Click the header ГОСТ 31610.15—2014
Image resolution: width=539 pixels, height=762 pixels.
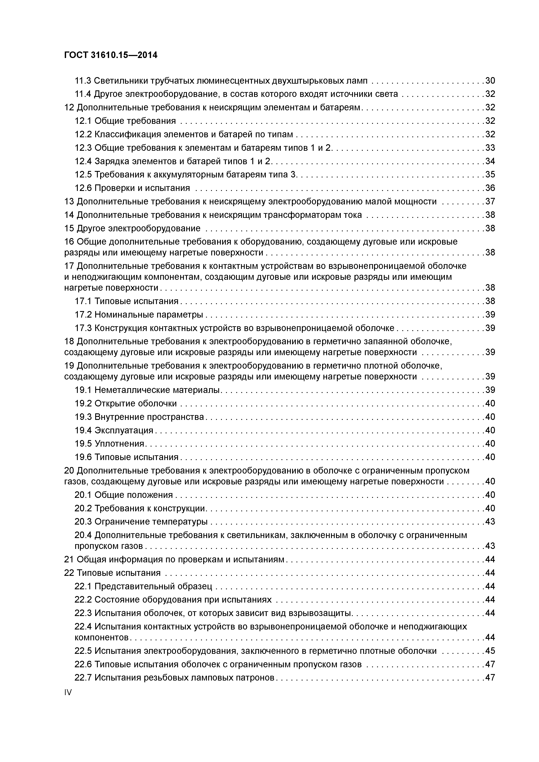click(x=111, y=55)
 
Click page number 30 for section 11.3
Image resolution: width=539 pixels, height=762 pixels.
click(x=490, y=81)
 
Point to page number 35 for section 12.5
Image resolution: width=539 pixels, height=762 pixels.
click(x=490, y=175)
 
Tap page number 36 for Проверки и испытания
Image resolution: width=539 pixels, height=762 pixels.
click(x=490, y=188)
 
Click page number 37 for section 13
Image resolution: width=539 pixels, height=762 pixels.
click(x=490, y=201)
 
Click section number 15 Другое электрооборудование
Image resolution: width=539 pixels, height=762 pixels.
click(x=69, y=228)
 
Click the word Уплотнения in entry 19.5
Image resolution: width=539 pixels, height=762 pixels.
click(x=119, y=444)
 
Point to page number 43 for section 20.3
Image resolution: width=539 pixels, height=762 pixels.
click(x=490, y=522)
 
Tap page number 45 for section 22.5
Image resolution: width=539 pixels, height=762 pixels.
click(x=490, y=651)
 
